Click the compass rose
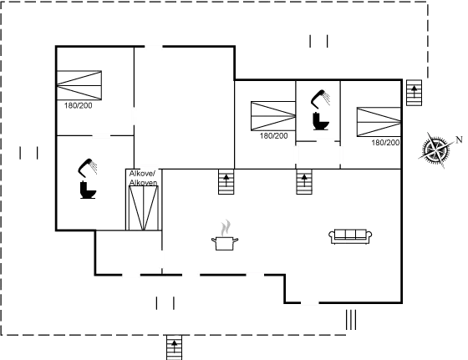click(435, 150)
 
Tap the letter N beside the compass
click(459, 139)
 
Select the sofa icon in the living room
click(350, 236)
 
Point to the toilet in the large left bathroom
click(88, 190)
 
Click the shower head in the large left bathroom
click(88, 167)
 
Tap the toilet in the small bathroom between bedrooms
click(321, 121)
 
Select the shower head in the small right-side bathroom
click(321, 99)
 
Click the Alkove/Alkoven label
click(143, 178)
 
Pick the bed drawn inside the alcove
click(143, 208)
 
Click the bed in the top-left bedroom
click(79, 85)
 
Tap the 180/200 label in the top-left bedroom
click(79, 105)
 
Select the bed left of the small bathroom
click(273, 116)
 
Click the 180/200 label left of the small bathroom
click(274, 136)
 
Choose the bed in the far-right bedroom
click(379, 122)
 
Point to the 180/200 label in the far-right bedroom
click(385, 143)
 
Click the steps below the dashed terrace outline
click(175, 347)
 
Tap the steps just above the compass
click(415, 93)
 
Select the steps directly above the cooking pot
click(226, 181)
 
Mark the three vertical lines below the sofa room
click(351, 320)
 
